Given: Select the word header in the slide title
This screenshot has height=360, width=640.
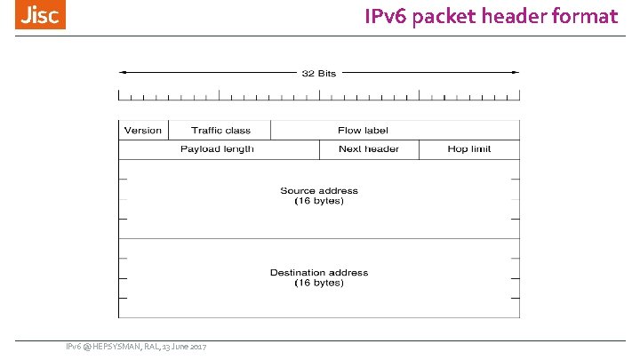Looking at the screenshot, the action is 524,16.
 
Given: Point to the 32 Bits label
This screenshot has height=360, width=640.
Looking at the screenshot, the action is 319,73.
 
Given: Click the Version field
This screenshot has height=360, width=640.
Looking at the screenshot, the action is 143,131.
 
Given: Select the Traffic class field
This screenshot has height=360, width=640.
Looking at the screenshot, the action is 220,131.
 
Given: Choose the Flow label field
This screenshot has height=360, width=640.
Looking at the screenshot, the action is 363,131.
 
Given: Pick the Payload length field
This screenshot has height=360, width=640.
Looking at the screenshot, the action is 217,149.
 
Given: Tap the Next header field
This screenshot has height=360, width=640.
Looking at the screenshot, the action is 368,149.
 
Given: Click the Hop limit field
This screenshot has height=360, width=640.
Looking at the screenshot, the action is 468,149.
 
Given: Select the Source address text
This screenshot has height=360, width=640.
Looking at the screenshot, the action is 319,190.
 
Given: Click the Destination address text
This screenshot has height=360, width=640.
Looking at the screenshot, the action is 319,272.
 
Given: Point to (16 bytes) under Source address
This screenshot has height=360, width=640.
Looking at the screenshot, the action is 319,201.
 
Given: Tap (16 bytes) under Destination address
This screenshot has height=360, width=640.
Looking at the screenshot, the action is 319,283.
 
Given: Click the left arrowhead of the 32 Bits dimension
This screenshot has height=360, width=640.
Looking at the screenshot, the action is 123,73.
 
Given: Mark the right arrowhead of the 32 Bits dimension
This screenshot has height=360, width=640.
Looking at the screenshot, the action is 515,73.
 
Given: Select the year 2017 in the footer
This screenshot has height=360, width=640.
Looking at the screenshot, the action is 197,346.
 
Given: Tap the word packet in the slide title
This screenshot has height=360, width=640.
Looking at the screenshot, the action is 455,16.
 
